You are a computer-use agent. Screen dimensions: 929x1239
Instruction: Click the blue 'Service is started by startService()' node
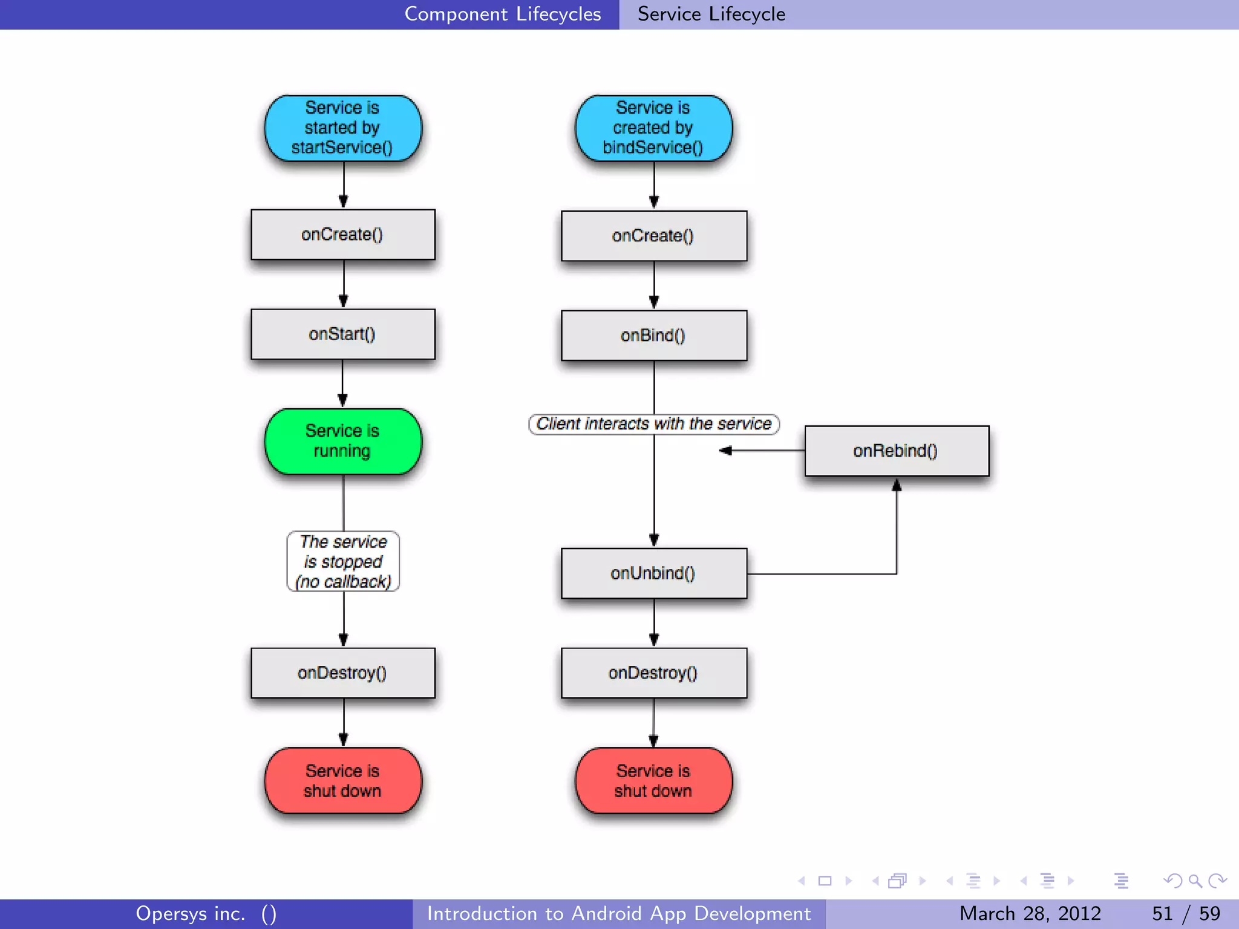(x=342, y=128)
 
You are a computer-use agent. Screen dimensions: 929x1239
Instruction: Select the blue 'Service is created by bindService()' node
(x=653, y=128)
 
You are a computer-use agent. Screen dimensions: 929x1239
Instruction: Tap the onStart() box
(x=342, y=334)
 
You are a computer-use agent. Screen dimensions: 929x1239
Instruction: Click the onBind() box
(x=653, y=335)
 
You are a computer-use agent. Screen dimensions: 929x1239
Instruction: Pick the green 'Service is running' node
(x=342, y=441)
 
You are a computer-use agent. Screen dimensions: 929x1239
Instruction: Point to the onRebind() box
(x=896, y=451)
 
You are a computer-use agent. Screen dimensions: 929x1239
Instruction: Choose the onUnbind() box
(x=653, y=573)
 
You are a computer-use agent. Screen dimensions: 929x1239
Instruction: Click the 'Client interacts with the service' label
(x=653, y=423)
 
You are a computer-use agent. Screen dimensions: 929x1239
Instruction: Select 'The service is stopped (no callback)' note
(x=343, y=561)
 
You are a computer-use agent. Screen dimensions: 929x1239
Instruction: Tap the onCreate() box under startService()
(x=342, y=234)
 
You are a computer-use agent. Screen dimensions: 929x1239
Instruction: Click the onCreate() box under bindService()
(x=653, y=235)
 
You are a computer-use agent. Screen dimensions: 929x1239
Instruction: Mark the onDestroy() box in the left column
(x=342, y=673)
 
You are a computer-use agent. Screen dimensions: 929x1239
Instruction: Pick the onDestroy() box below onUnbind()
(x=653, y=673)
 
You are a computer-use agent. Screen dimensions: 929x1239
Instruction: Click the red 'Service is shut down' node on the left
(x=342, y=780)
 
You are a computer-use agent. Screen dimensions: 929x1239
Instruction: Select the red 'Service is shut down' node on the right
(x=653, y=780)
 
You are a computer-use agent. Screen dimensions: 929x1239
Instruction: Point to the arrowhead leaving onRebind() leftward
(x=725, y=451)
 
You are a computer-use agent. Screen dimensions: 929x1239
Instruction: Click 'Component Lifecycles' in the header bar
(x=502, y=14)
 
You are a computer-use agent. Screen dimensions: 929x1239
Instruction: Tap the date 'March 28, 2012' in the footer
(x=1030, y=913)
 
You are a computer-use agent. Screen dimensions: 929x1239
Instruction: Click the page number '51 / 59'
(x=1186, y=913)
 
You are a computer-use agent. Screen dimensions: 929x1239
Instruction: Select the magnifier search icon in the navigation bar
(x=1195, y=881)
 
